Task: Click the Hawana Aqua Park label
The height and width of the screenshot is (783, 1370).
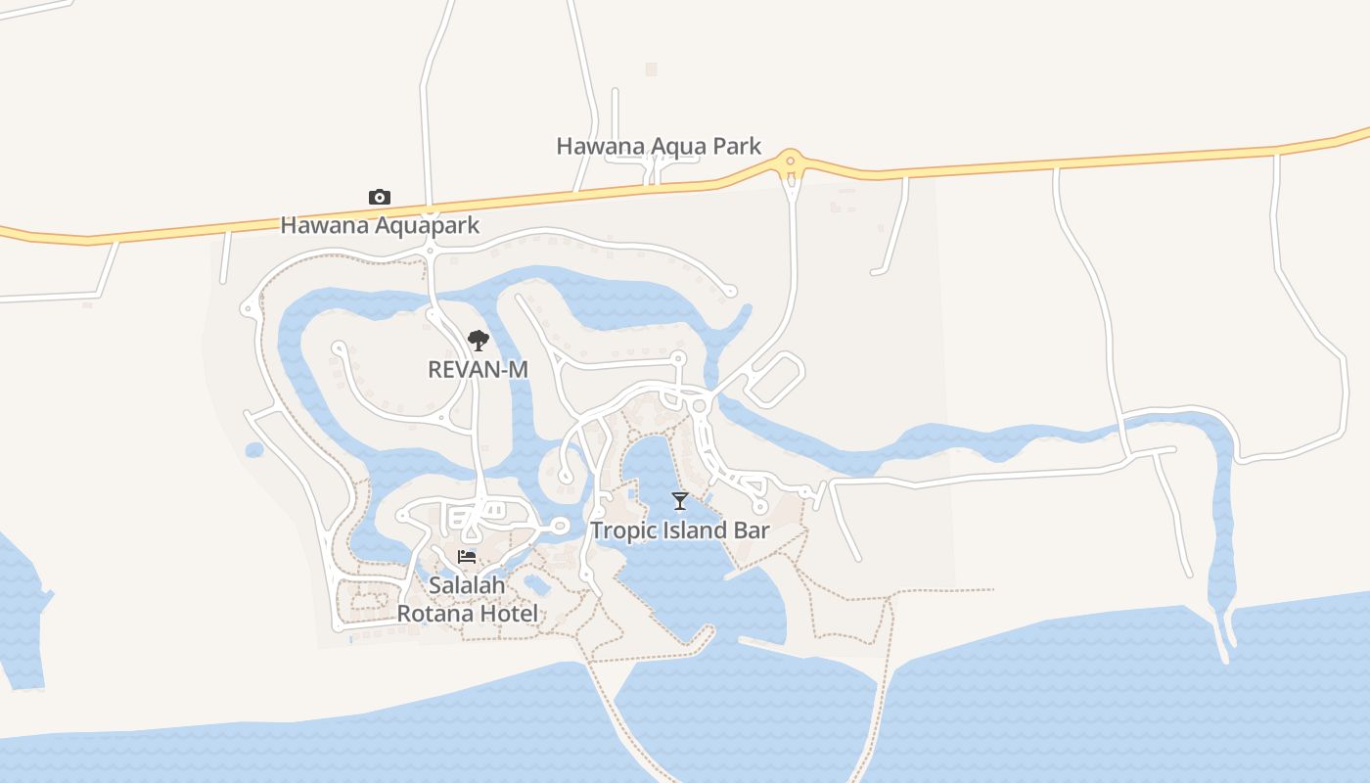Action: pyautogui.click(x=659, y=147)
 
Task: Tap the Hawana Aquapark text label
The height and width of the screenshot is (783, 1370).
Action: pyautogui.click(x=380, y=225)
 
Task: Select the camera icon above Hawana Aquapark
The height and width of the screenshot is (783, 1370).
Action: pyautogui.click(x=380, y=198)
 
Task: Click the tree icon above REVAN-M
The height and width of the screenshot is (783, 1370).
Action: pyautogui.click(x=478, y=341)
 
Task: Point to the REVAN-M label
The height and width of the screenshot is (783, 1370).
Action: pyautogui.click(x=478, y=369)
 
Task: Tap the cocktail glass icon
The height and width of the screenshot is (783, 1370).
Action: pyautogui.click(x=680, y=501)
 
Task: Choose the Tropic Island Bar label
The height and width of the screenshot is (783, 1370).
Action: pyautogui.click(x=680, y=530)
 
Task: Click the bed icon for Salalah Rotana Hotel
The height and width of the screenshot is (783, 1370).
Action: pyautogui.click(x=467, y=557)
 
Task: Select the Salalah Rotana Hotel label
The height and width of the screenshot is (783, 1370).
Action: pyautogui.click(x=467, y=600)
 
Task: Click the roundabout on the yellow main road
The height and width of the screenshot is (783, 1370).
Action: pyautogui.click(x=790, y=161)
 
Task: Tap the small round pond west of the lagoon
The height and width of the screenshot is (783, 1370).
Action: pyautogui.click(x=254, y=450)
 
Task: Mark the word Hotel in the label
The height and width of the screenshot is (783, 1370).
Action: pyautogui.click(x=505, y=614)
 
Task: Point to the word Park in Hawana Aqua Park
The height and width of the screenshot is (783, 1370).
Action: pyautogui.click(x=737, y=147)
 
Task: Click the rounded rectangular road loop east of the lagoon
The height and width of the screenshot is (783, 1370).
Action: pyautogui.click(x=774, y=380)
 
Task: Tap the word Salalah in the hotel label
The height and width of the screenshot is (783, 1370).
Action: pyautogui.click(x=467, y=585)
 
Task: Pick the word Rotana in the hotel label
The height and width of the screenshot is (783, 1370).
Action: pyautogui.click(x=431, y=614)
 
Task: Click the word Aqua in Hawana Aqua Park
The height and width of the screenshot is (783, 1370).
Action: pyautogui.click(x=678, y=147)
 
